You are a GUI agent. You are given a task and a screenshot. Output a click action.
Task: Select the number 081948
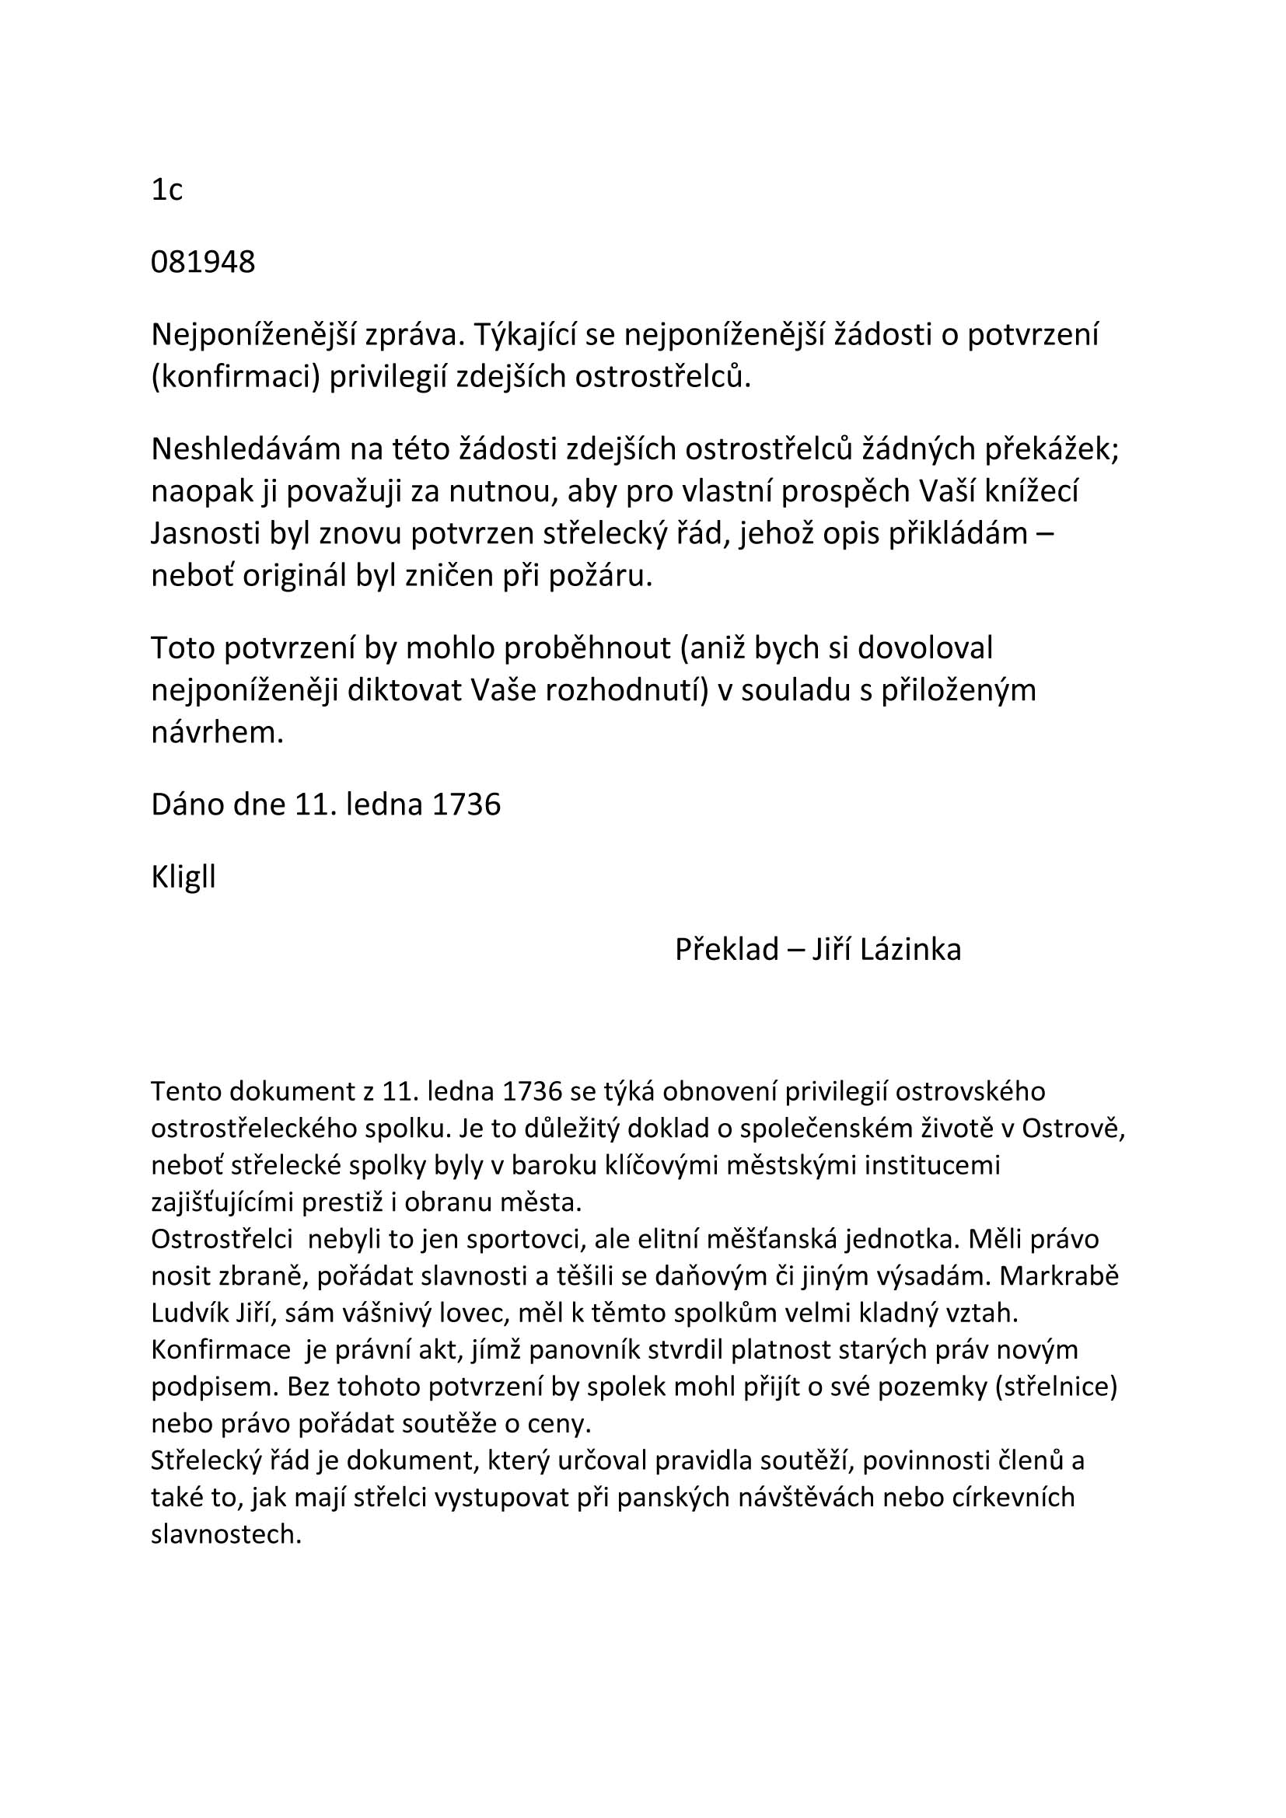[203, 262]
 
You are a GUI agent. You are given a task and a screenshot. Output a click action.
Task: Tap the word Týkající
[526, 335]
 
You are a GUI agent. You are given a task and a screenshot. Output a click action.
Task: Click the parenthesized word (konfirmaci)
[234, 377]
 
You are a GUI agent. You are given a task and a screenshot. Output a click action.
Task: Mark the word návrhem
[217, 732]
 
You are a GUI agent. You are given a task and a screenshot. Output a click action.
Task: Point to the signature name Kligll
[183, 878]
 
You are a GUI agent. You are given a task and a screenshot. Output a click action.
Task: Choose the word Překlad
[726, 949]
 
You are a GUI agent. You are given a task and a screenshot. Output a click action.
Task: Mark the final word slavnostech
[226, 1534]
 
